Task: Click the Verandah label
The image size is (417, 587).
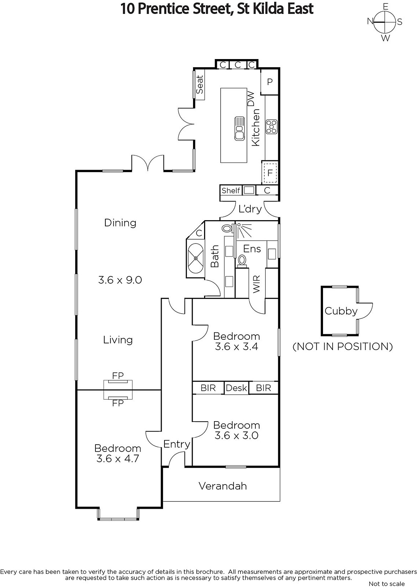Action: point(223,486)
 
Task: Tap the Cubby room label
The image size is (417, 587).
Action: point(341,311)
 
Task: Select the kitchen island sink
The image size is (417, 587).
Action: point(240,129)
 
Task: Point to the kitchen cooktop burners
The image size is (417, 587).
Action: point(271,127)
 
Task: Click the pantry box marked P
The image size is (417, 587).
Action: point(269,82)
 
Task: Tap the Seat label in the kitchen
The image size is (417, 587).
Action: point(200,85)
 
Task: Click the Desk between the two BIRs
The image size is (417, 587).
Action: point(236,388)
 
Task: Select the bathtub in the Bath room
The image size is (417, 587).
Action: point(196,258)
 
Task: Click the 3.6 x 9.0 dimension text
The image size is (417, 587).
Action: point(120,280)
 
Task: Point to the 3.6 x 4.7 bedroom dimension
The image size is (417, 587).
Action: point(118,459)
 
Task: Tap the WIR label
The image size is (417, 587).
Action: point(257,284)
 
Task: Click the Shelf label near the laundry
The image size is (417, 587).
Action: point(231,190)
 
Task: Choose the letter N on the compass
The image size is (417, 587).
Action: point(370,21)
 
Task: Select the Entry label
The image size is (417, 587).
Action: point(177,444)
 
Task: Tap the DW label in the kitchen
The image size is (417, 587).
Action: point(251,99)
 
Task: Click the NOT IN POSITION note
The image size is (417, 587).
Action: point(342,346)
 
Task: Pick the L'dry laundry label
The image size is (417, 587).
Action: point(250,209)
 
